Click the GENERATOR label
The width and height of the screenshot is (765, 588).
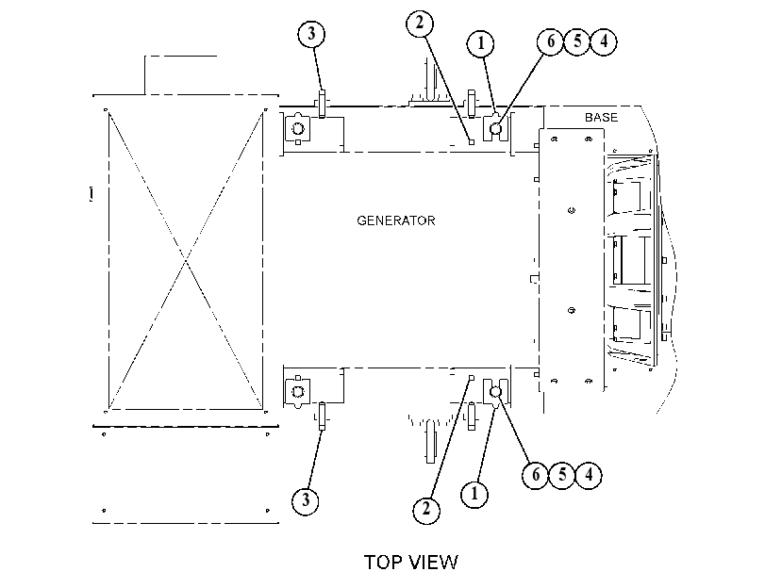coord(395,220)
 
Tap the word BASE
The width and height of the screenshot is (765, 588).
coord(601,118)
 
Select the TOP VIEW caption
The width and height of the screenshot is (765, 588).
coord(410,563)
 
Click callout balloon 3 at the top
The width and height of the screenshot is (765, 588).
coord(312,34)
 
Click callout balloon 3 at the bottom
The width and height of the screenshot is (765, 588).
coord(306,500)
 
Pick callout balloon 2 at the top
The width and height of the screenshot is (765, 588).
coord(420,23)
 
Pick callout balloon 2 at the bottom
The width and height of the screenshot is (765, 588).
coord(426,510)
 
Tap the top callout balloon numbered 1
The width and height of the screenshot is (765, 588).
coord(480,43)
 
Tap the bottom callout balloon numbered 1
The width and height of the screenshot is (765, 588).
coord(474,495)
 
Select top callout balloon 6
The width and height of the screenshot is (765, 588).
coord(551,41)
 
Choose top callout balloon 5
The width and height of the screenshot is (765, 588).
coord(577,41)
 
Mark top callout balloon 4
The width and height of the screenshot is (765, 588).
coord(604,41)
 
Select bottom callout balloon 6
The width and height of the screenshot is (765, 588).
coord(536,474)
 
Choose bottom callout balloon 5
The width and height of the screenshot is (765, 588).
coord(562,474)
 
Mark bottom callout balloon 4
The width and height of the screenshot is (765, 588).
coord(589,474)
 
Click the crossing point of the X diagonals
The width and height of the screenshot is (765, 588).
coord(186,261)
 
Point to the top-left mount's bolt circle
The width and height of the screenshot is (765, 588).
coord(298,129)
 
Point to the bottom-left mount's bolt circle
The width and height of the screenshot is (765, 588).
coord(298,391)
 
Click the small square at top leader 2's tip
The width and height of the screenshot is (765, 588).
coord(472,142)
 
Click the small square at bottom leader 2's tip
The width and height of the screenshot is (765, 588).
coord(472,378)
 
